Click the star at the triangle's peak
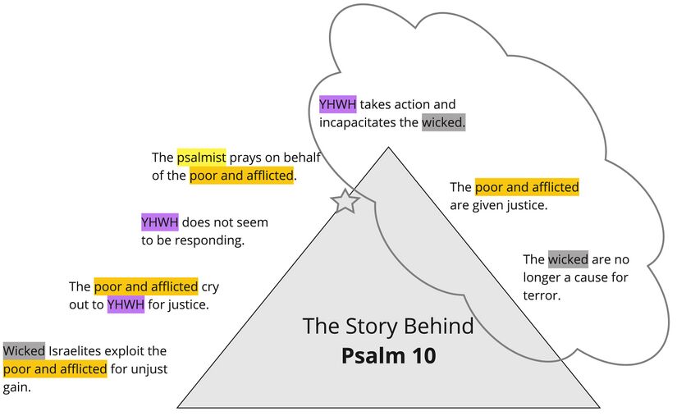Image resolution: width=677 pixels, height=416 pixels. tap(345, 200)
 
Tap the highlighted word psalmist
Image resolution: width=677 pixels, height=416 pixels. tap(201, 158)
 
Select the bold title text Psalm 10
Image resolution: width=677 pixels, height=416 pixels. tap(389, 356)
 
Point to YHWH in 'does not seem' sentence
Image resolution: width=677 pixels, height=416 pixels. tap(159, 222)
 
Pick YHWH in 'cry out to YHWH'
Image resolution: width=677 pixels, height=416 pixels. tap(126, 305)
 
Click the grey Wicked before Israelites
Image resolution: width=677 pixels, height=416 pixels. tap(24, 351)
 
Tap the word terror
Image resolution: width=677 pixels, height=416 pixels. tap(541, 295)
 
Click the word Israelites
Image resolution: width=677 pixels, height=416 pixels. tap(77, 351)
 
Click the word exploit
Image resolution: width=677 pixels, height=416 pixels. tap(129, 351)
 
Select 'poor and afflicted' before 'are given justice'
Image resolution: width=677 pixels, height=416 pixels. tap(527, 187)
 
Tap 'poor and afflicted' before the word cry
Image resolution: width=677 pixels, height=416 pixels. tap(146, 286)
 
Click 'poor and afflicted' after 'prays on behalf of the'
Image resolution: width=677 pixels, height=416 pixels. tap(241, 176)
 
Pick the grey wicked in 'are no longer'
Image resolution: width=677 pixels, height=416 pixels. tap(568, 259)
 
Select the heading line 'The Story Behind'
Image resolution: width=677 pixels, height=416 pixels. tap(388, 326)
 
